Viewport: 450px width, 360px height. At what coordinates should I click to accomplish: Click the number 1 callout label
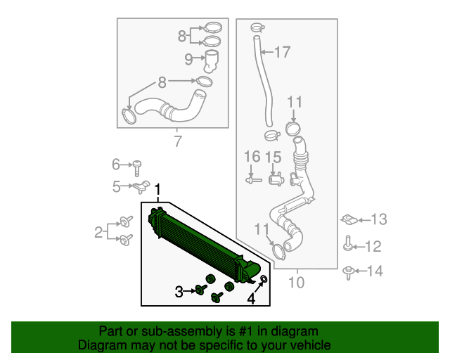158,189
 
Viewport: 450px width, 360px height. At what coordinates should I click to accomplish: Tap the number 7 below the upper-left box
177,142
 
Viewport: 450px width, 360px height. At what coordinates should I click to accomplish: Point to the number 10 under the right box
296,283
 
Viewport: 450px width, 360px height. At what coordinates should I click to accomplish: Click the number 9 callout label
188,60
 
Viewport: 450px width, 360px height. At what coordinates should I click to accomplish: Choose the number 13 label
378,220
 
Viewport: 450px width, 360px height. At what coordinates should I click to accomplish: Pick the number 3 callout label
179,291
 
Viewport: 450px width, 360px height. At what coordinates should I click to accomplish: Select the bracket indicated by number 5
141,186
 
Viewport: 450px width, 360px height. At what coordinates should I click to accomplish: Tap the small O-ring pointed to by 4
264,281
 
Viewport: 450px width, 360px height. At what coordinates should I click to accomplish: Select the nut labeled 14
349,271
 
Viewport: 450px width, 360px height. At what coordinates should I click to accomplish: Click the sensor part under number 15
275,179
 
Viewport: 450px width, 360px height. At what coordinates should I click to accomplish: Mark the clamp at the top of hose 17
255,28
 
